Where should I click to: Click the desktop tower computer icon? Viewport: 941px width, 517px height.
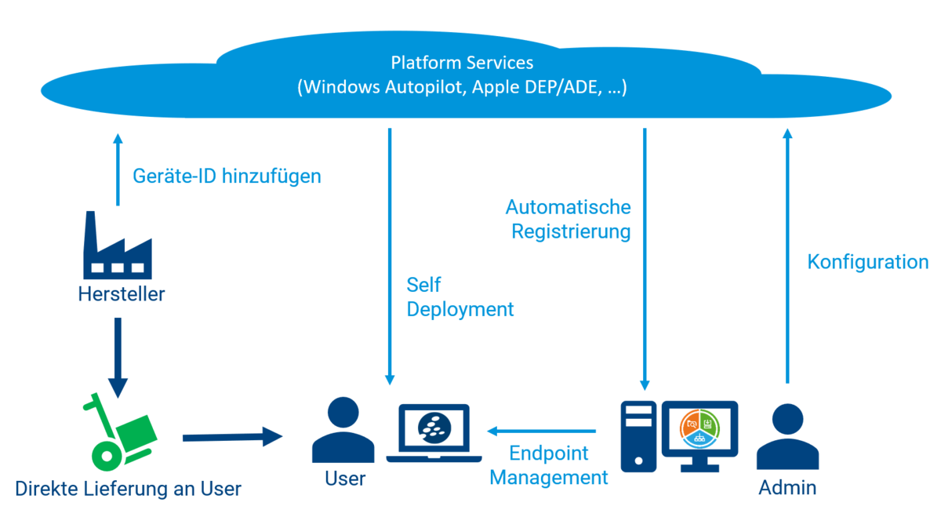tap(638, 436)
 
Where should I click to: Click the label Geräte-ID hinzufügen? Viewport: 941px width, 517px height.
tap(227, 176)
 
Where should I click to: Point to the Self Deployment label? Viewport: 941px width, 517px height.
tap(460, 297)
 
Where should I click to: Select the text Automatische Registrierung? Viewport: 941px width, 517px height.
tap(569, 219)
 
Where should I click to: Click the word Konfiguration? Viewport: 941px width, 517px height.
tap(867, 261)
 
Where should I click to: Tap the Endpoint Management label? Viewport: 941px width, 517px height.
tap(549, 464)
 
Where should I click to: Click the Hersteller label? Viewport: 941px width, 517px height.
tap(122, 294)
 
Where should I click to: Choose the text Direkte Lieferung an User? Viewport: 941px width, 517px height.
tap(128, 489)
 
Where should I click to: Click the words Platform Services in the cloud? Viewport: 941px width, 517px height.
tap(462, 62)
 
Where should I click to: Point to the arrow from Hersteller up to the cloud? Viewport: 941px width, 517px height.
tap(118, 169)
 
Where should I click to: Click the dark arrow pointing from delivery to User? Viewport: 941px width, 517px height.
tap(231, 437)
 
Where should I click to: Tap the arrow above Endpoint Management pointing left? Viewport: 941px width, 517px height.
tap(542, 431)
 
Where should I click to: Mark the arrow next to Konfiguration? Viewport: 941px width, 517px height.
tap(787, 255)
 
